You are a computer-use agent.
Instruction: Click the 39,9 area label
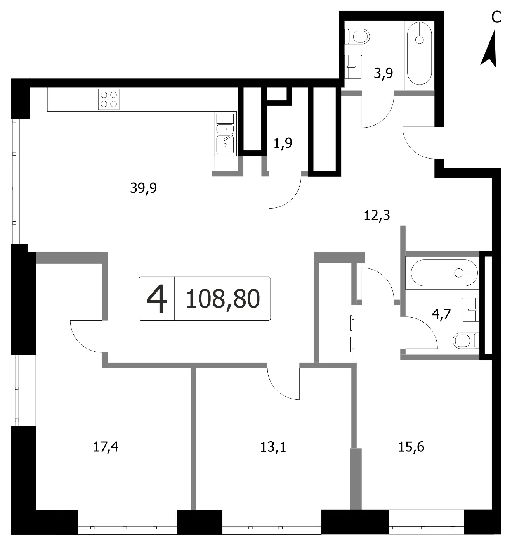click(143, 188)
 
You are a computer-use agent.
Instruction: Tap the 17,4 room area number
click(106, 447)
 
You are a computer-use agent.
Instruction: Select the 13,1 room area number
click(273, 447)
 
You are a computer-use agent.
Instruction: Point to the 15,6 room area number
click(411, 447)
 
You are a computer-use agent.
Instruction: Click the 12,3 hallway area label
click(377, 215)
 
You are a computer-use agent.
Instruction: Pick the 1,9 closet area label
click(283, 143)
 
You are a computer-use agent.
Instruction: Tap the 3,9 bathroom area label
click(383, 73)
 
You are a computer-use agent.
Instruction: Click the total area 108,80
click(223, 299)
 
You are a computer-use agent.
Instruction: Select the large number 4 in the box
click(157, 299)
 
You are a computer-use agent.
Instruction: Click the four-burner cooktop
click(109, 99)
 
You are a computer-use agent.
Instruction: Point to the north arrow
click(490, 49)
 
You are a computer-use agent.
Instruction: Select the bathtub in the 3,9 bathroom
click(419, 54)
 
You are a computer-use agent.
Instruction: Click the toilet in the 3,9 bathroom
click(357, 36)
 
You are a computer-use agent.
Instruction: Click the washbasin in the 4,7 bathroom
click(470, 309)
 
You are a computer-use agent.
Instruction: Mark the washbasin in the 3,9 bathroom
click(353, 67)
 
